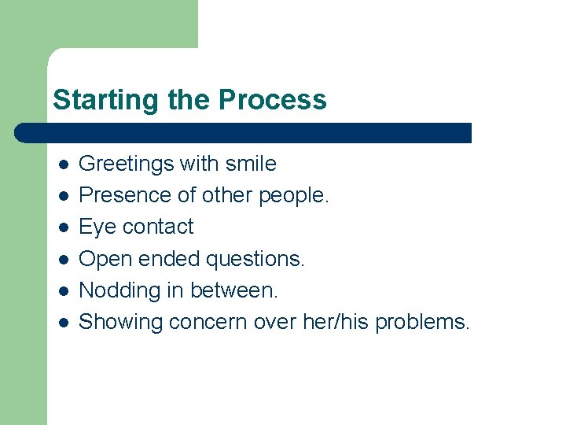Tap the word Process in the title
[273, 100]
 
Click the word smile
[251, 164]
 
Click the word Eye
[97, 227]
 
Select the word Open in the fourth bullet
[105, 258]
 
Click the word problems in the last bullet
[422, 321]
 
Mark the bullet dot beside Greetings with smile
[62, 164]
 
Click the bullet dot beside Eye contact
[62, 227]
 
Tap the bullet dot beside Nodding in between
[62, 290]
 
